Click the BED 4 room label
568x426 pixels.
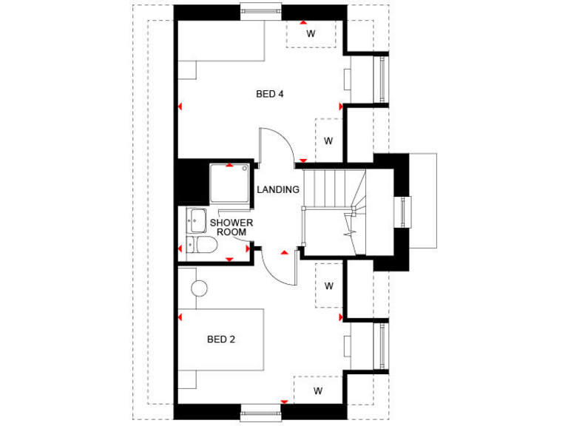270,94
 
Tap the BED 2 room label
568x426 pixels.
220,339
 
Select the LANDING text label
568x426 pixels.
278,189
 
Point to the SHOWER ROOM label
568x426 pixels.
231,227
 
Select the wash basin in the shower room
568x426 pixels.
196,220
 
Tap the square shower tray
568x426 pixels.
229,183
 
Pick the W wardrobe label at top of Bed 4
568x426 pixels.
311,33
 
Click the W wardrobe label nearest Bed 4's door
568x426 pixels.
328,141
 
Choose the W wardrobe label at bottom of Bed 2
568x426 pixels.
318,390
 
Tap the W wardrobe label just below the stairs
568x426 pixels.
328,285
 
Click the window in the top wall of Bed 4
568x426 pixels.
261,9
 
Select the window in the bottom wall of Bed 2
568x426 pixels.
261,416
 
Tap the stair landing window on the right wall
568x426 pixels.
404,212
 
